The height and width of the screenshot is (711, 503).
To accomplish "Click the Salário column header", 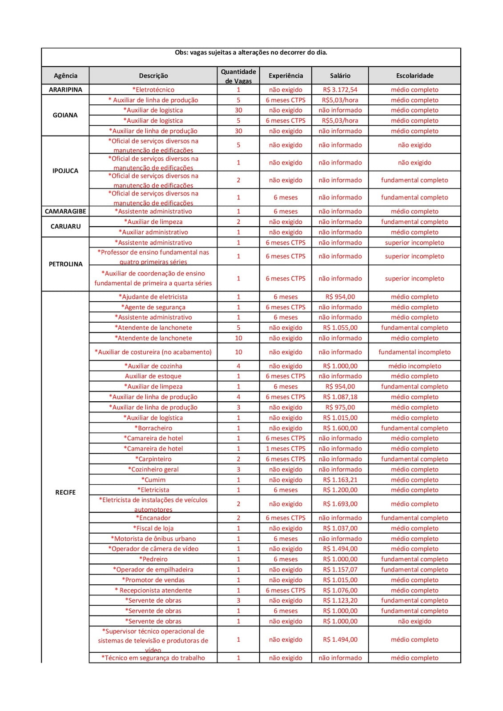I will pos(340,76).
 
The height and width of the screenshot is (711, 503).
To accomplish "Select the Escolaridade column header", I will pos(414,76).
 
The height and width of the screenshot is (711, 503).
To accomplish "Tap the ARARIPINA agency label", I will pos(65,90).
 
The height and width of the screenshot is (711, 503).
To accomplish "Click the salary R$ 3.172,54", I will pos(340,90).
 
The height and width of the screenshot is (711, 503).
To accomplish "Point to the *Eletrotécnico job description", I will pos(153,90).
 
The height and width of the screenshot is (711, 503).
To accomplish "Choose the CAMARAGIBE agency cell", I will pos(65,212).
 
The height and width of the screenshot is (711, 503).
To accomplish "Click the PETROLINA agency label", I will pos(65,264).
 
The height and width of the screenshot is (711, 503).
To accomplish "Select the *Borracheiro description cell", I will pos(153,428).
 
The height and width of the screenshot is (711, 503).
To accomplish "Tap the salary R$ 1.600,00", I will pos(340,428).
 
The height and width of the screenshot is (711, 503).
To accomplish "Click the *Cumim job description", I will pos(153,480).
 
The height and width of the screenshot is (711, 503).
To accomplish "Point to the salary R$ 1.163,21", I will pos(340,480).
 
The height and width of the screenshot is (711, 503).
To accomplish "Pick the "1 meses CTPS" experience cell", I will pos(286,449).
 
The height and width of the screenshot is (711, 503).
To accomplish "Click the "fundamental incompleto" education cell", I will pos(414,352).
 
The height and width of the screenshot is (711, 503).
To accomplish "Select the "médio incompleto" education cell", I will pos(414,366).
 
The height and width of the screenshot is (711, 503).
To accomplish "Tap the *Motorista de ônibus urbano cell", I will pos(153,539).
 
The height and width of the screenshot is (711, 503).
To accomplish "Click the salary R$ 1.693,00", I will pos(340,504).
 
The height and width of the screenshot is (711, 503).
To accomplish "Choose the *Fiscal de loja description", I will pos(153,528).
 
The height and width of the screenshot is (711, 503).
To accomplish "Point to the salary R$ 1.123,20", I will pos(340,600).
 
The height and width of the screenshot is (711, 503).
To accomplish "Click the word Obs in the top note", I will pos(181,52).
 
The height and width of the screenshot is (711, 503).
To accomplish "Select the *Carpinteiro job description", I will pos(153,459).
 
